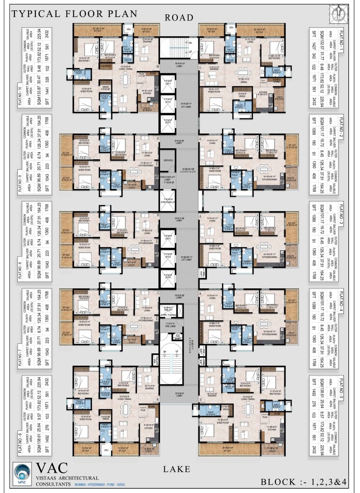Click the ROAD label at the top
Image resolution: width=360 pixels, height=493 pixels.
coord(179,18)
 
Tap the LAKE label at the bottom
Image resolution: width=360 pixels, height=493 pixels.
coord(178,468)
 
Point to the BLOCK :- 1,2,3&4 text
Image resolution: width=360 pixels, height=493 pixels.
coord(303,482)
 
